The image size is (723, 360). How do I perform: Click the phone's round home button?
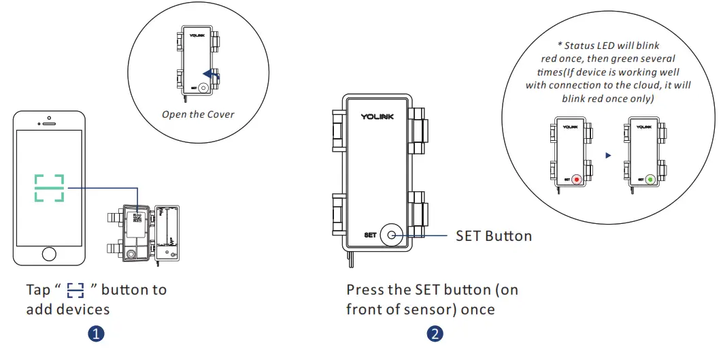49,254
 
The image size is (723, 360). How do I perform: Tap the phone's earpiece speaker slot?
49,124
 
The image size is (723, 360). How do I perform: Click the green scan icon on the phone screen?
49,188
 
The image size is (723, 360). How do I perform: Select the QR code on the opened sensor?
136,218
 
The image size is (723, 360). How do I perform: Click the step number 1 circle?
97,334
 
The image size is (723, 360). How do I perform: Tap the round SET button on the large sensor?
392,235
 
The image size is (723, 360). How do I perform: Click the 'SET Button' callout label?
493,235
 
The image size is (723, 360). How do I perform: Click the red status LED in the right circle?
577,180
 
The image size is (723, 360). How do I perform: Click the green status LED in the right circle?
650,180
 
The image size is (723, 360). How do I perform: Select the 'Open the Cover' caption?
198,114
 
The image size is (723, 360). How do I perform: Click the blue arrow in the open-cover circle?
213,76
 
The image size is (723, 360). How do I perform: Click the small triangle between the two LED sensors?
608,155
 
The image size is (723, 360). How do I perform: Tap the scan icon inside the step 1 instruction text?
75,291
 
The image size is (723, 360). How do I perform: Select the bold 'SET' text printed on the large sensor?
369,235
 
